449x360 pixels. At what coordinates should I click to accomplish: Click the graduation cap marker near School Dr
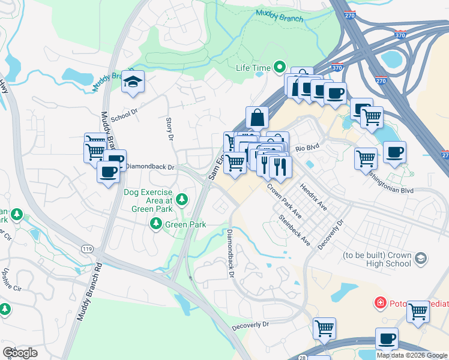(x=133, y=82)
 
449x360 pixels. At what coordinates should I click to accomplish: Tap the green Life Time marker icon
(x=279, y=68)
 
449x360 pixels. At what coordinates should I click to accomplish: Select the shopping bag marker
(x=257, y=118)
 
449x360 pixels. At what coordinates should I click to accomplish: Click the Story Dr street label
(x=169, y=129)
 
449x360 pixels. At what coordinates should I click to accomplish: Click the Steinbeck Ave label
(x=294, y=230)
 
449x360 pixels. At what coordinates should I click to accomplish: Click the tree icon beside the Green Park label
(x=156, y=224)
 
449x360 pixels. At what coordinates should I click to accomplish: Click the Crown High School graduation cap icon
(x=421, y=257)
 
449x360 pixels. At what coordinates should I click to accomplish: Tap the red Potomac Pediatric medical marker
(x=380, y=302)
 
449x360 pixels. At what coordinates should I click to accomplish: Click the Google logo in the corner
(x=20, y=352)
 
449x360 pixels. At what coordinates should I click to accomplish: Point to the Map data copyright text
(x=412, y=355)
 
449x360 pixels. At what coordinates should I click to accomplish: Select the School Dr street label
(x=124, y=113)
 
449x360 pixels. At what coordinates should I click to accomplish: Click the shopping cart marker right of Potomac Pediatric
(x=418, y=311)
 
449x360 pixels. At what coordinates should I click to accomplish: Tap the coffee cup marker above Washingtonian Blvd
(x=394, y=152)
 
